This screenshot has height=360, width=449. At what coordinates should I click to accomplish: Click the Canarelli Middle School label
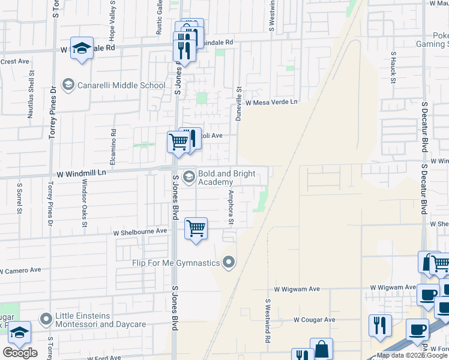(121, 85)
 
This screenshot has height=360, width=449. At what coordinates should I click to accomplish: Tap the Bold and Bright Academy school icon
(188, 175)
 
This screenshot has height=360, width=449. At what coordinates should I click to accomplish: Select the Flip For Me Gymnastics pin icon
(228, 262)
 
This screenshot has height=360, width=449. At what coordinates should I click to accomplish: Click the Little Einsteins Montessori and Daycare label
(101, 320)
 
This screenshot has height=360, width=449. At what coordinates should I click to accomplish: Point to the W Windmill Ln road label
(81, 173)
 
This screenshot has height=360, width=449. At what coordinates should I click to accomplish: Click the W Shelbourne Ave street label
(140, 231)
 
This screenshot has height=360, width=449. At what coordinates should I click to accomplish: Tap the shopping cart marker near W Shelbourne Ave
(196, 229)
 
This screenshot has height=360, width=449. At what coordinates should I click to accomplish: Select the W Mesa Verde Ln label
(271, 102)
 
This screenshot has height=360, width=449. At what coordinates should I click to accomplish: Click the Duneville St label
(238, 103)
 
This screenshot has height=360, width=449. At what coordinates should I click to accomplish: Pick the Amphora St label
(230, 207)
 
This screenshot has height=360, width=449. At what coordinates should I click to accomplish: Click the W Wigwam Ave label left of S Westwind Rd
(297, 289)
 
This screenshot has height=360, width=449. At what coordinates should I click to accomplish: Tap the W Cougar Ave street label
(314, 320)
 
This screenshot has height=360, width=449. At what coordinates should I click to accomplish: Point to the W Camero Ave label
(20, 271)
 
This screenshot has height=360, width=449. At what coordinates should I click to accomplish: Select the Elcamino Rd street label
(112, 147)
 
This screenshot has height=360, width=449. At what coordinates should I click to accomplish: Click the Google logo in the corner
(20, 353)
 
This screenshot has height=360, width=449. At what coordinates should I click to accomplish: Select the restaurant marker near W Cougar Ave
(380, 326)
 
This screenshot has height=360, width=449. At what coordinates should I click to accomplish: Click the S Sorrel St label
(19, 199)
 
